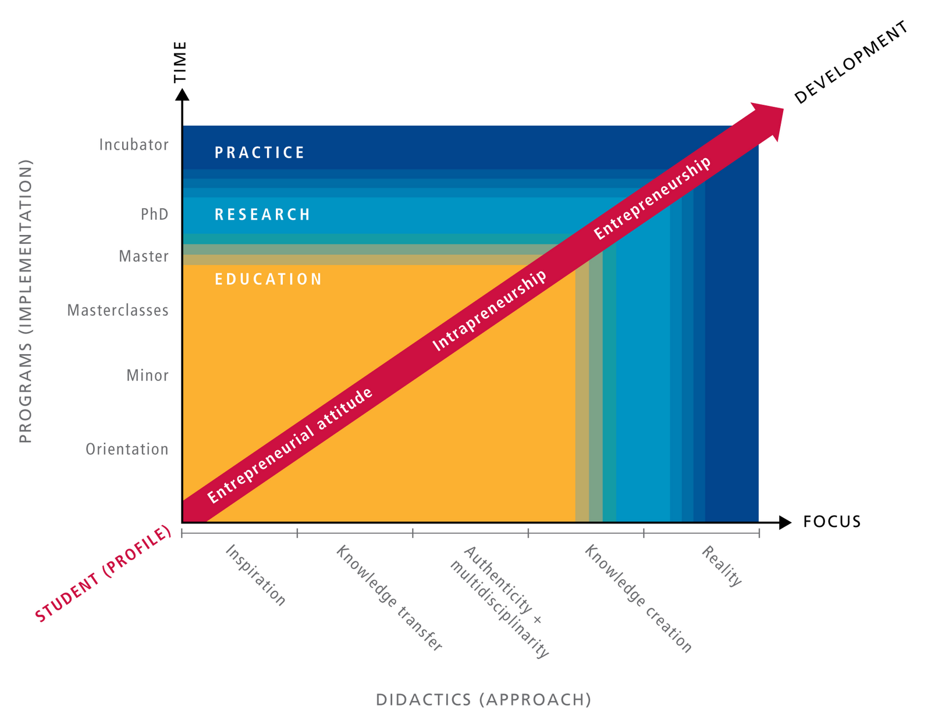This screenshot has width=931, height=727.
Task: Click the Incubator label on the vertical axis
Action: point(134,144)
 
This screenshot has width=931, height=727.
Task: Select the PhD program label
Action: point(154,214)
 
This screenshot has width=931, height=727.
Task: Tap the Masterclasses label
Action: point(118,310)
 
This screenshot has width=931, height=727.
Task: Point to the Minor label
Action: point(147,375)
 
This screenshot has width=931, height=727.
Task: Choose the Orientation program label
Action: point(127,449)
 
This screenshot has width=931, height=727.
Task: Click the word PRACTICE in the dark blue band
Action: point(260,152)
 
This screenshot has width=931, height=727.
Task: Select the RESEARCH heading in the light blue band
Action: point(262,215)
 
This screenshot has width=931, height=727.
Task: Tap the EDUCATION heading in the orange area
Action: point(268,279)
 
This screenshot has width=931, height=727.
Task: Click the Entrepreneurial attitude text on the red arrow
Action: point(290,445)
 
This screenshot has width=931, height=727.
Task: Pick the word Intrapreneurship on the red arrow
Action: point(489,311)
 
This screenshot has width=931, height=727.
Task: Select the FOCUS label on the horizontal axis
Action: point(831,522)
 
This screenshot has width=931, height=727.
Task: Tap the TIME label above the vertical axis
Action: point(181,61)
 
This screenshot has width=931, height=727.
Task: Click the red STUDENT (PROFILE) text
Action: point(104,573)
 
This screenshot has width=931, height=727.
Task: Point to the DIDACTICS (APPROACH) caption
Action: point(484,699)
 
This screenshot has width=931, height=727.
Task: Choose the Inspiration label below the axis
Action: point(255,575)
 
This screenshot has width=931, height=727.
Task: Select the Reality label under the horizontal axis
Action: point(722,566)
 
